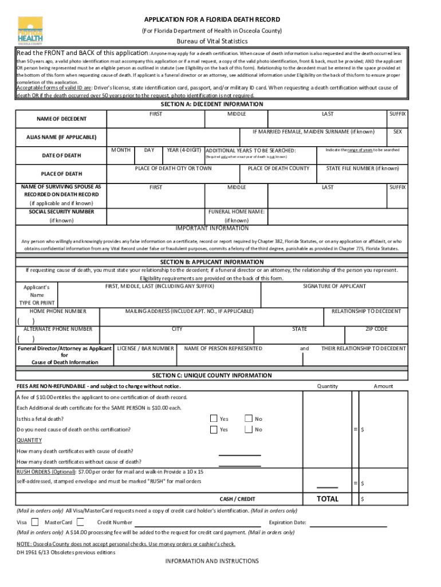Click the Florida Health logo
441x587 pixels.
[x=29, y=30]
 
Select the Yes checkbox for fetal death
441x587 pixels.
[x=214, y=418]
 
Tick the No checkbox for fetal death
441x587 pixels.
[x=248, y=418]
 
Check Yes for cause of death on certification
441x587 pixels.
[x=214, y=429]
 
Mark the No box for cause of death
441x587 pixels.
[x=248, y=429]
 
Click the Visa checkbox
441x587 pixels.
[x=36, y=522]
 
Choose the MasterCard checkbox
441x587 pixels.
[x=80, y=522]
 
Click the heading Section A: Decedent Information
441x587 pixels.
[x=220, y=104]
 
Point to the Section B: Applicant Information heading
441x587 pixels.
[x=220, y=262]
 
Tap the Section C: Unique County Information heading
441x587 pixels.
[x=220, y=375]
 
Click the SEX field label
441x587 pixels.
[x=397, y=132]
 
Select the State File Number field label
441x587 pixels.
[x=363, y=169]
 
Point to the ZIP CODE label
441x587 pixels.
[x=376, y=330]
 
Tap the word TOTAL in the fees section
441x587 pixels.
[x=327, y=499]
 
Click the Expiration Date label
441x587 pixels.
[x=287, y=523]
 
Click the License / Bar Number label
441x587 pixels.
[x=145, y=349]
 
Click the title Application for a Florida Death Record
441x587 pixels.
[x=212, y=19]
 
